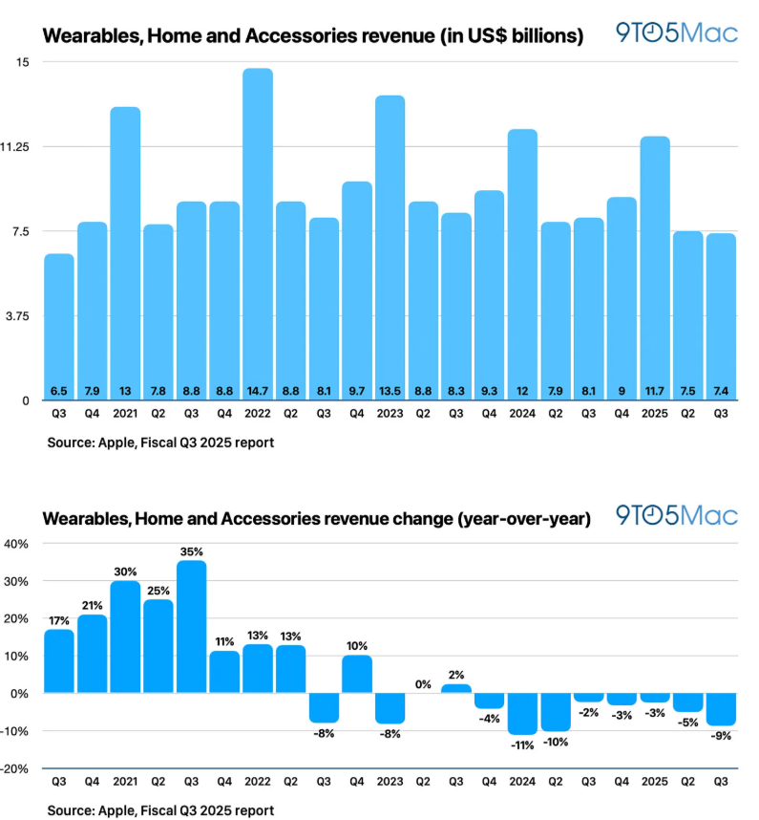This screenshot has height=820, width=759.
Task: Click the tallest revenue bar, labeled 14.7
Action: coord(258,234)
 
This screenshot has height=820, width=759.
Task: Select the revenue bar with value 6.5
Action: coord(59,327)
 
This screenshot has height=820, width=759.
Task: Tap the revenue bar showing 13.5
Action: coord(390,248)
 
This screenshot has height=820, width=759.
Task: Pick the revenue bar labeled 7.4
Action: coord(721,317)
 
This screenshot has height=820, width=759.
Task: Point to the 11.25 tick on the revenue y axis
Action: coord(14,147)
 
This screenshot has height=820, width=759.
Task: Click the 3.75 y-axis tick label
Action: coord(17,316)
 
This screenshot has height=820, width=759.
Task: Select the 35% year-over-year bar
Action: coord(191,627)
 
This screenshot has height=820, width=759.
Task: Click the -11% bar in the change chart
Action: coord(522,714)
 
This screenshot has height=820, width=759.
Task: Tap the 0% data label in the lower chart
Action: coord(423,684)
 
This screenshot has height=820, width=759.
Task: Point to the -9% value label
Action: coord(721,736)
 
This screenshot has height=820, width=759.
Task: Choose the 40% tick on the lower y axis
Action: coord(16,544)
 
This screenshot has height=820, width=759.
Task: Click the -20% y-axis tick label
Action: coord(14,768)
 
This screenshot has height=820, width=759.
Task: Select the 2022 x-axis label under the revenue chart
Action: coord(258,414)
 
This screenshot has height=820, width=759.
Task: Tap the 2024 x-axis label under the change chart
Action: coord(522,782)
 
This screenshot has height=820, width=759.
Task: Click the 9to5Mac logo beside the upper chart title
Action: coord(677,32)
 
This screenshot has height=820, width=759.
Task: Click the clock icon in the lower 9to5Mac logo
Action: coord(651,516)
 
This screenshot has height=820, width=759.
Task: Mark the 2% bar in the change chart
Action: coord(456,688)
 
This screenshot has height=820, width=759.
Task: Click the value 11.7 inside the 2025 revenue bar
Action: coord(655,391)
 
